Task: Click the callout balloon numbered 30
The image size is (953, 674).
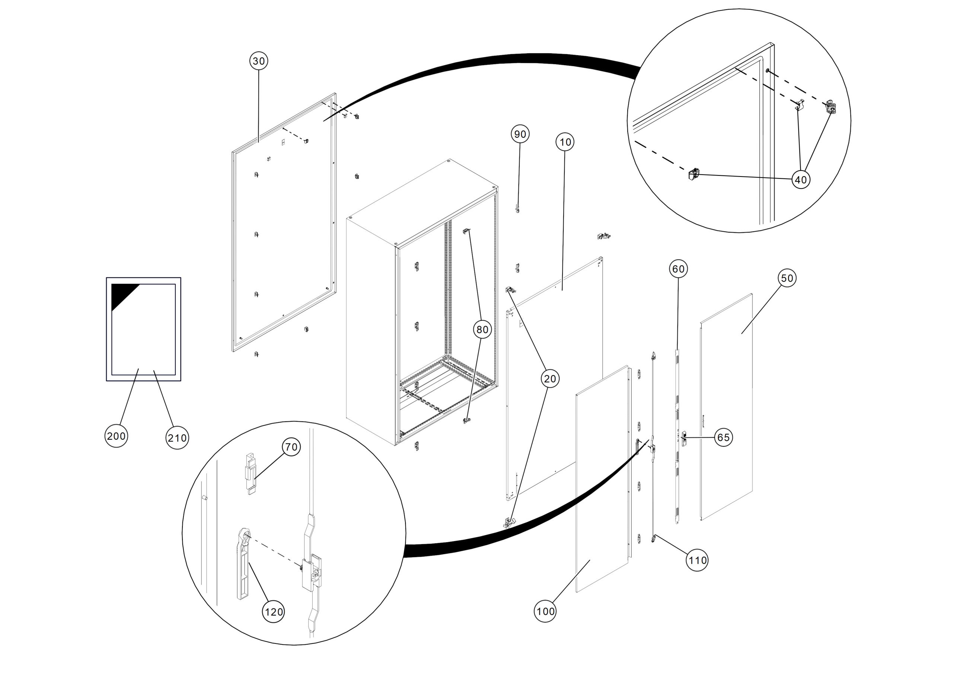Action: click(x=259, y=61)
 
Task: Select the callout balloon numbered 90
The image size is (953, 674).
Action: click(x=520, y=134)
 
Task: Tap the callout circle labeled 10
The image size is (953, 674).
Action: click(x=565, y=142)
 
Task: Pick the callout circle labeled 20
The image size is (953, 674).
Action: click(x=549, y=379)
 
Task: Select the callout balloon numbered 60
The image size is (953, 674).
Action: click(x=678, y=269)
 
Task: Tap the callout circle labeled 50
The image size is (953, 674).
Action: click(x=787, y=278)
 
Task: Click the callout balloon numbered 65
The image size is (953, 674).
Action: click(x=723, y=437)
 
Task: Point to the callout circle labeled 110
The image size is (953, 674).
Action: click(x=697, y=560)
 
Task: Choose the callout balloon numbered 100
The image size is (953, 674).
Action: click(x=545, y=611)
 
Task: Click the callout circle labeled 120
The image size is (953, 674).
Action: click(x=274, y=612)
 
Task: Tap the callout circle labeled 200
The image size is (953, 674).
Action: click(x=116, y=436)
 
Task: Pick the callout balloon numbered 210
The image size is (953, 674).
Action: click(x=177, y=438)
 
